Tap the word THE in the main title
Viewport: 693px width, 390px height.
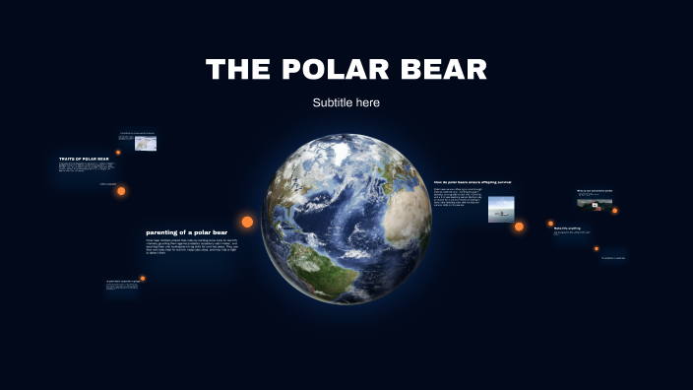pyautogui.click(x=239, y=70)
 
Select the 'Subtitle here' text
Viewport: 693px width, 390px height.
pyautogui.click(x=346, y=102)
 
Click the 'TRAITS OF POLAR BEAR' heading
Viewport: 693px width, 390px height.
pyautogui.click(x=84, y=159)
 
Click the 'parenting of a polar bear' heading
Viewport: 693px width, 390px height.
pyautogui.click(x=186, y=232)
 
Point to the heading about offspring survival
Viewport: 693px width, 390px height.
pyautogui.click(x=472, y=182)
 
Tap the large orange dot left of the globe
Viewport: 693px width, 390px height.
pyautogui.click(x=247, y=222)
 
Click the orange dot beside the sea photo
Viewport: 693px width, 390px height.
pyautogui.click(x=520, y=227)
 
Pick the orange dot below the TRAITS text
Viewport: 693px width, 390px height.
pyautogui.click(x=121, y=191)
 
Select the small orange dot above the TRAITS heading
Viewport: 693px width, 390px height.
pyautogui.click(x=118, y=153)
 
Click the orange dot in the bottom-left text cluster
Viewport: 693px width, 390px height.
pyautogui.click(x=143, y=279)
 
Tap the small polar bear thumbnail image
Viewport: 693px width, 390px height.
pyautogui.click(x=146, y=144)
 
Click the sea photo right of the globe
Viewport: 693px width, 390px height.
pyautogui.click(x=501, y=210)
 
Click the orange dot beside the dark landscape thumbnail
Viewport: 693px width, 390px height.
pyautogui.click(x=615, y=210)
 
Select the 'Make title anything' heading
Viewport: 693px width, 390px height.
pyautogui.click(x=567, y=228)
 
